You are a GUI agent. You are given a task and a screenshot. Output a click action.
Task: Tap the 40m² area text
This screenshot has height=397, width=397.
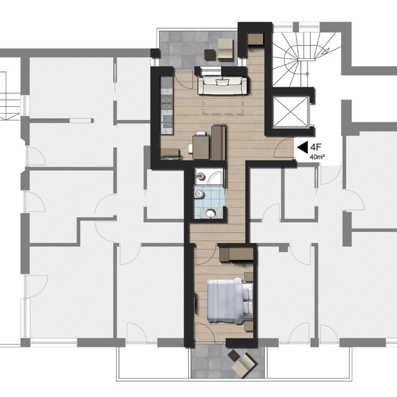click(317, 157)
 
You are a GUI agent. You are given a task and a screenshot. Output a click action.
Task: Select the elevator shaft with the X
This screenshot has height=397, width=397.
click(291, 111)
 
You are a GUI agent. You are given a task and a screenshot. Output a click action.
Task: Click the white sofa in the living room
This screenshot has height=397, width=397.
click(222, 86)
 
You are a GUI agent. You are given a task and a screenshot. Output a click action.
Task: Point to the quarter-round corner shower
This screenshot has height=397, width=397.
click(215, 176)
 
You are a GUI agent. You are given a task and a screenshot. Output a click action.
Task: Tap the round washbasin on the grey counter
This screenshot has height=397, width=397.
click(210, 213)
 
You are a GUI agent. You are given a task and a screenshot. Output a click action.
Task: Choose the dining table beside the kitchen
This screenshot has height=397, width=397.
click(201, 147)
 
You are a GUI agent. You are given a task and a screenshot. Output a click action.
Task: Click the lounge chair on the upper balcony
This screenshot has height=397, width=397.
click(225, 50)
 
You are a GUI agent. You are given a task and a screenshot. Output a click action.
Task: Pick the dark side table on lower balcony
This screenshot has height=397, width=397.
click(234, 355)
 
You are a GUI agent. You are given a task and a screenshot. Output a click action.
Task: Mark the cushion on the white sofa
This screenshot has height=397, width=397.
click(223, 83)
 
